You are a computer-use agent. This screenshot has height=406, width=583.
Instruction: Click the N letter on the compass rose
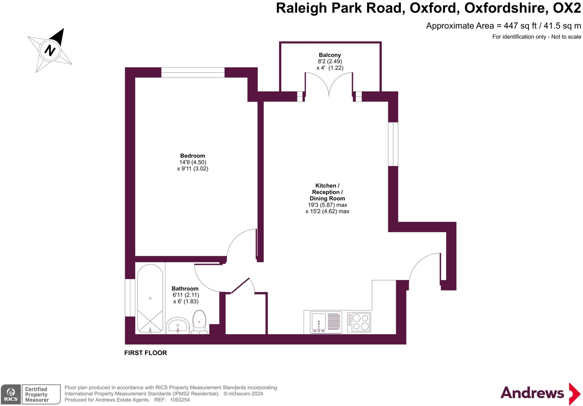click(x=50, y=50)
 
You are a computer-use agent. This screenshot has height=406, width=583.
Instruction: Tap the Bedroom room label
click(x=192, y=156)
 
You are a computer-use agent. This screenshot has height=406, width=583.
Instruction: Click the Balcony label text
click(x=330, y=55)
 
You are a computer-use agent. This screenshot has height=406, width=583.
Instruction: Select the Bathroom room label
click(x=185, y=288)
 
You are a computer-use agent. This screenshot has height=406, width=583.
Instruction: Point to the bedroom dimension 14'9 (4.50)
click(x=193, y=162)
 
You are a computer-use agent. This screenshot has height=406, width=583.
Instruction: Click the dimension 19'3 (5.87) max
click(x=327, y=205)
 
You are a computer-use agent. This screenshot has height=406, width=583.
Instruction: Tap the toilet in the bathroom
click(x=199, y=321)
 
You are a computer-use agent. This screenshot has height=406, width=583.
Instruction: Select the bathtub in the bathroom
click(x=150, y=299)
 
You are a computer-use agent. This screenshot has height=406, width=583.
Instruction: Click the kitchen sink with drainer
click(x=326, y=322)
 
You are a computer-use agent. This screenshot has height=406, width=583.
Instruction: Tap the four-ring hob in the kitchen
click(x=359, y=322)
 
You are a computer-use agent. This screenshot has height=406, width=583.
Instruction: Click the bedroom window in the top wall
click(x=193, y=73)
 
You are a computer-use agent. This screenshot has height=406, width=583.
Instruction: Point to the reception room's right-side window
click(x=393, y=144)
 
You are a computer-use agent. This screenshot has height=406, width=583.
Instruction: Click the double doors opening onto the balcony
click(x=329, y=84)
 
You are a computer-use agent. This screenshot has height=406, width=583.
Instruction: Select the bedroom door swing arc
click(x=239, y=242)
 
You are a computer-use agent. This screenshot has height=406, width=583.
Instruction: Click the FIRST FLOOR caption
click(x=145, y=353)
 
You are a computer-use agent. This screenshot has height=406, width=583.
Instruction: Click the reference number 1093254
click(x=180, y=400)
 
